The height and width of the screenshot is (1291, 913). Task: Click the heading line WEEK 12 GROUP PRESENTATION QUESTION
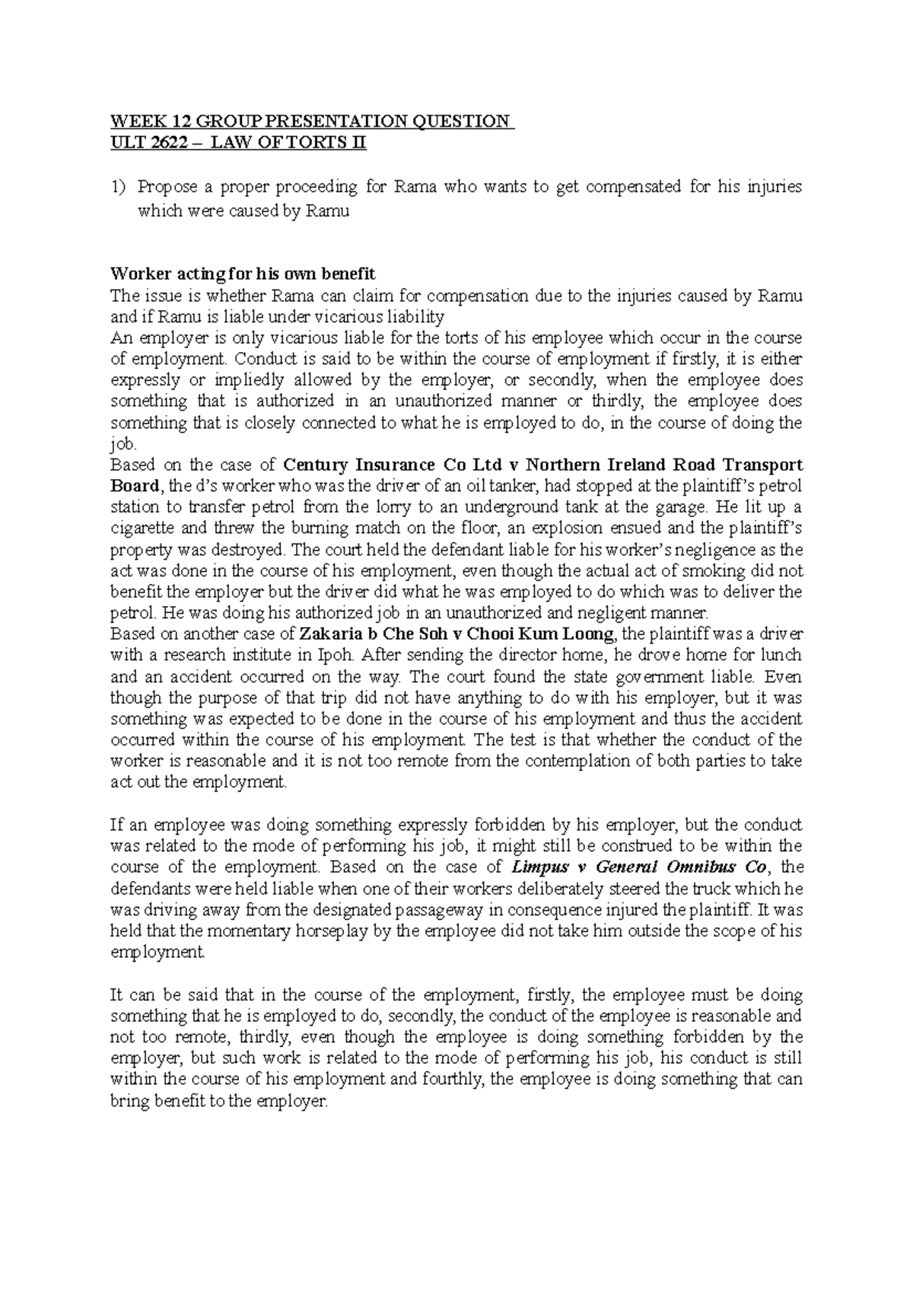(x=312, y=122)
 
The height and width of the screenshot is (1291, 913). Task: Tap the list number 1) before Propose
(x=120, y=187)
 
